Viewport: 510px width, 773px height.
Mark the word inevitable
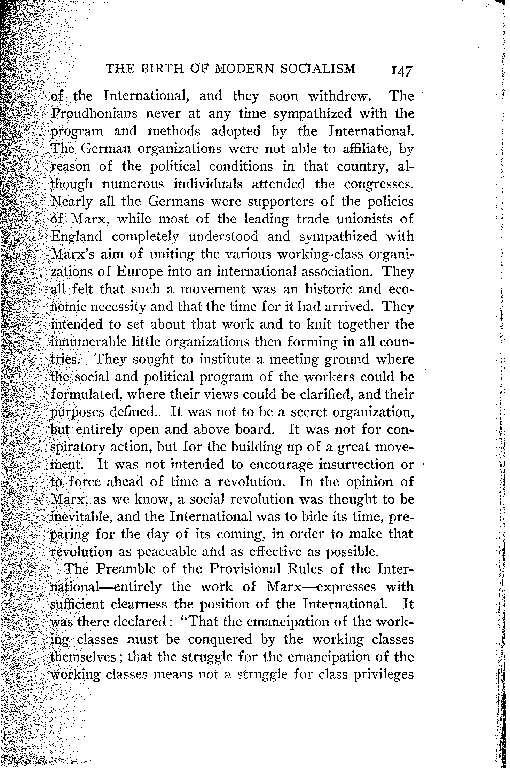pos(81,517)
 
